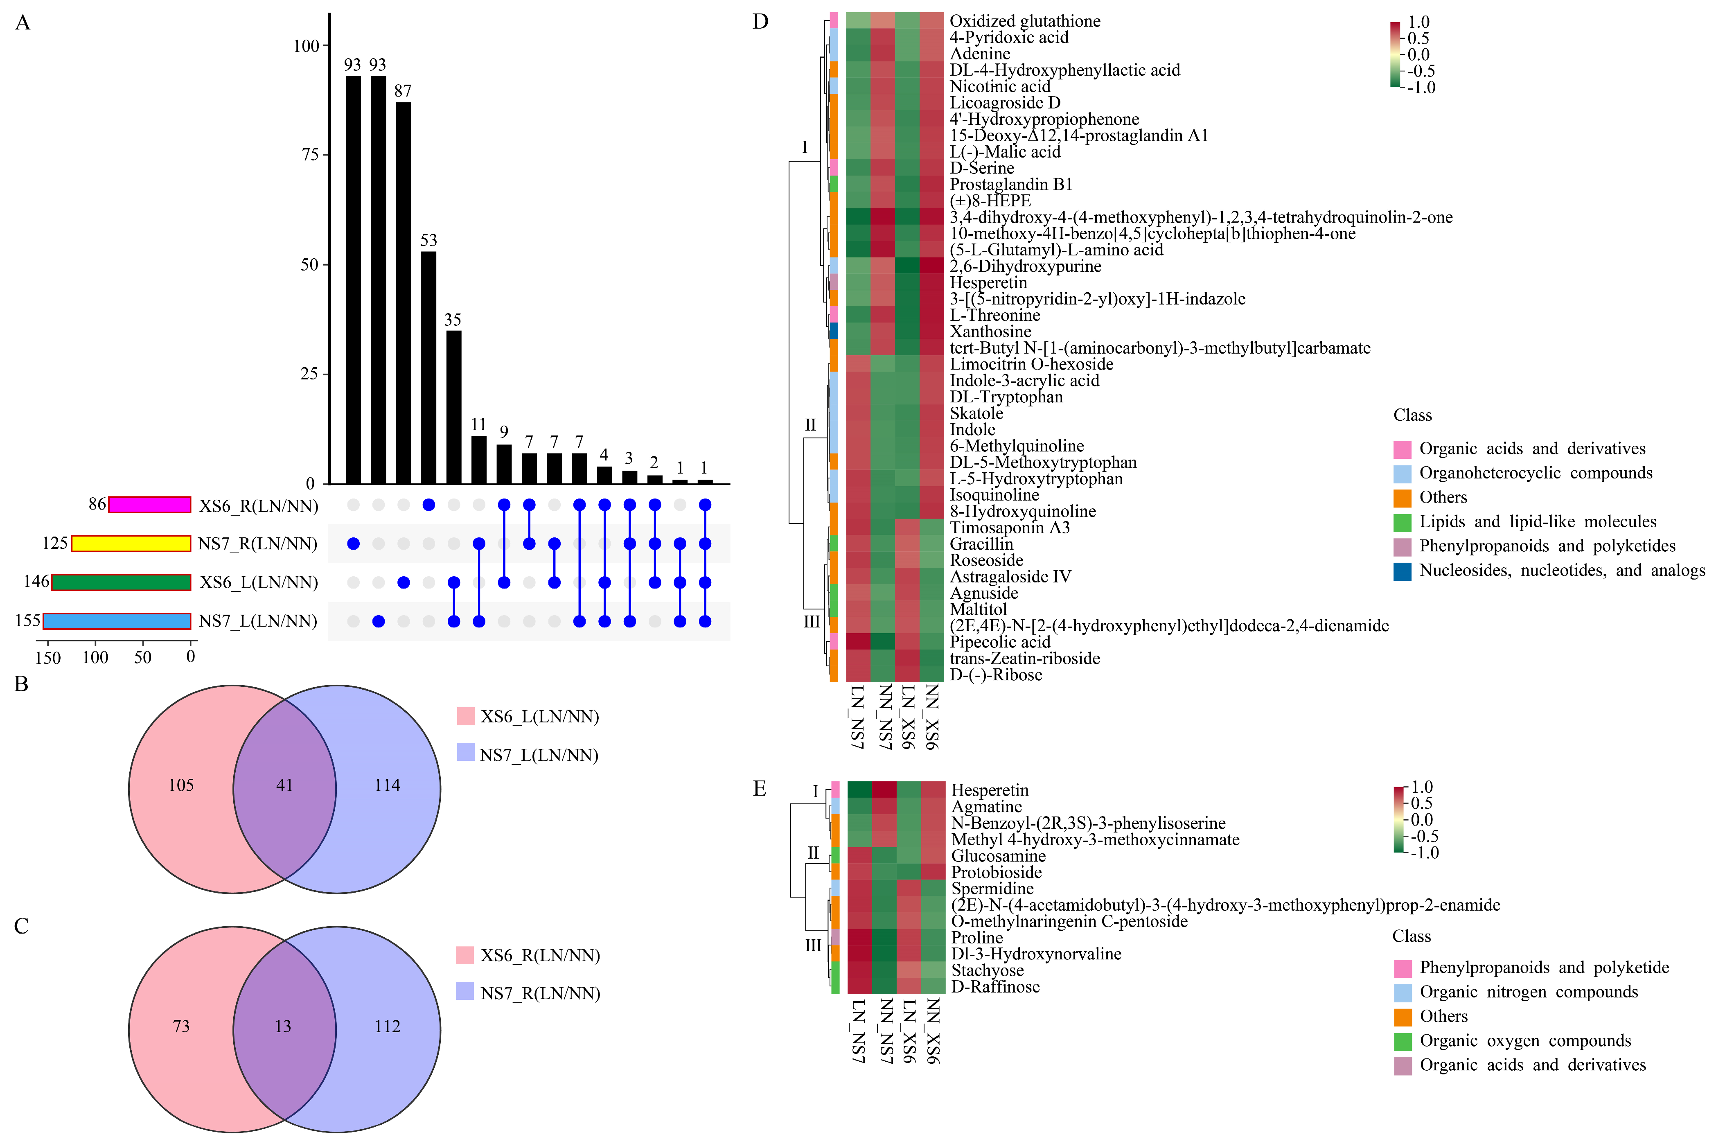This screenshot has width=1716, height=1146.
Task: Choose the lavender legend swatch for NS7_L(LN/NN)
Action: [x=466, y=753]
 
